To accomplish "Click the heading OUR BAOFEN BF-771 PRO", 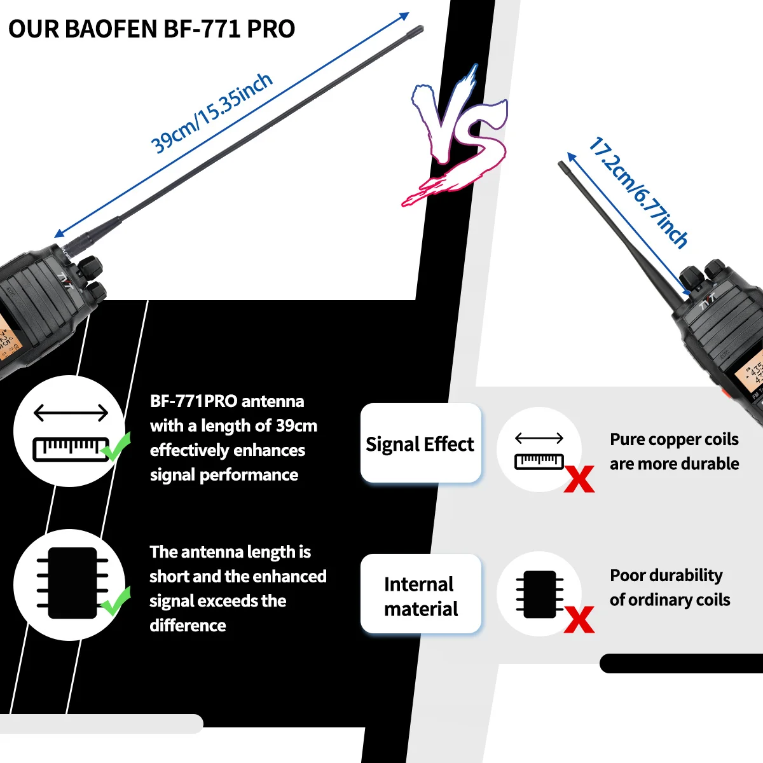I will (151, 29).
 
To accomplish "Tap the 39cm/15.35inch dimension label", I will (212, 113).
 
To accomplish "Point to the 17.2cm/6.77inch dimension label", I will (638, 192).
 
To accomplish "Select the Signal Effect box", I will (420, 443).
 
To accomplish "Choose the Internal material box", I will (420, 595).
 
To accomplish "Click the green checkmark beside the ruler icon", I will (116, 447).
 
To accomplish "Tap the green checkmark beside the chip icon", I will (116, 601).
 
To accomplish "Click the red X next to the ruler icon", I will (579, 479).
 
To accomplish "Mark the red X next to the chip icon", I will (579, 619).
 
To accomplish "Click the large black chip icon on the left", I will (72, 582).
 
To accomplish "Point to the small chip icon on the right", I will (540, 594).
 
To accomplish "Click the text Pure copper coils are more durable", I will (674, 451).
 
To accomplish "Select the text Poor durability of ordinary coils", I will (670, 588).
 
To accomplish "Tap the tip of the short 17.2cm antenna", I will (561, 165).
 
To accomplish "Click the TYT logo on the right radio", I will (708, 300).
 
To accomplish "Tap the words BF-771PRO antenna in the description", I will (227, 401).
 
